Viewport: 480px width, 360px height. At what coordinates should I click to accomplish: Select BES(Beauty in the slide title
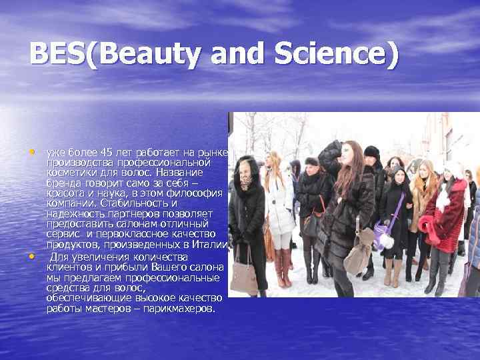click(113, 54)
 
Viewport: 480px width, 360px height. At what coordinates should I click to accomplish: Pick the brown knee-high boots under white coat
click(283, 267)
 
